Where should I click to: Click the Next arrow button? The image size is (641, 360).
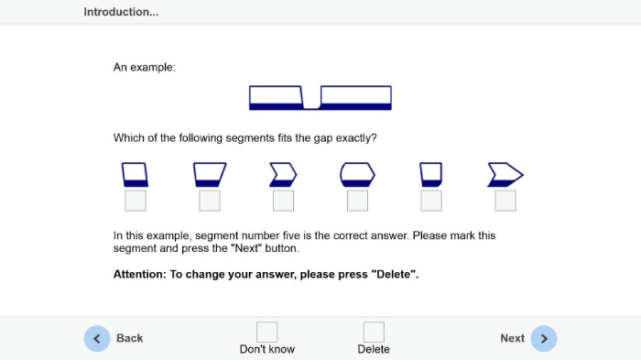pyautogui.click(x=543, y=338)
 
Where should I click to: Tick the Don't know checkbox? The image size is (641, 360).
pyautogui.click(x=267, y=332)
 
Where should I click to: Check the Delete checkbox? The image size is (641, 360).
pyautogui.click(x=374, y=332)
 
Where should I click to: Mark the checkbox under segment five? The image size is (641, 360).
pyautogui.click(x=431, y=201)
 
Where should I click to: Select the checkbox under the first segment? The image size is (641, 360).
pyautogui.click(x=136, y=201)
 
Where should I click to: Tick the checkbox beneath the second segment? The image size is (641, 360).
pyautogui.click(x=210, y=201)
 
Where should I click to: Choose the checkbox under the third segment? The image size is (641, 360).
pyautogui.click(x=283, y=201)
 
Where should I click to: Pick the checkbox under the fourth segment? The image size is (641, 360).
pyautogui.click(x=357, y=201)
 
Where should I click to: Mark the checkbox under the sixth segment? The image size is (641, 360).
pyautogui.click(x=505, y=201)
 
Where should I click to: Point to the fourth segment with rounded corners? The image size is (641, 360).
pyautogui.click(x=357, y=175)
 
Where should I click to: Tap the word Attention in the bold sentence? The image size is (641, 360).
pyautogui.click(x=139, y=274)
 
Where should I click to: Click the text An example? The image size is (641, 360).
pyautogui.click(x=144, y=67)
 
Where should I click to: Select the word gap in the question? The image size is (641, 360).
pyautogui.click(x=323, y=138)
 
